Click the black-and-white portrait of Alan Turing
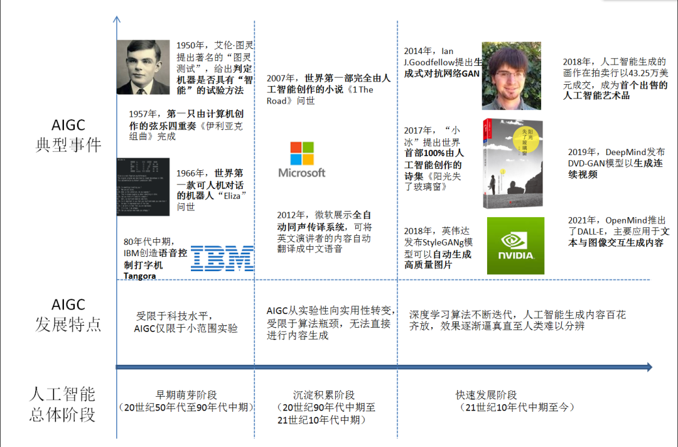143,67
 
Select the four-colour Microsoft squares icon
301,153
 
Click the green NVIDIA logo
515,245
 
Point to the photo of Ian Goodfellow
511,76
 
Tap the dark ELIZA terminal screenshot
143,188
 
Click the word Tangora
140,276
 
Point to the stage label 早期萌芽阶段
186,395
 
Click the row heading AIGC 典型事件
68,135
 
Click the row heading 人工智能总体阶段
62,404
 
